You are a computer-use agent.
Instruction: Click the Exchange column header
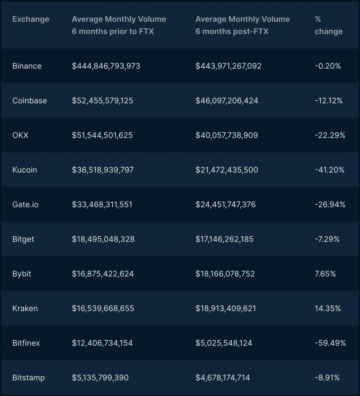[31, 19]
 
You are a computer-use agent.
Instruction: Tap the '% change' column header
[328, 25]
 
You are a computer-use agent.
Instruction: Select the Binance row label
[27, 66]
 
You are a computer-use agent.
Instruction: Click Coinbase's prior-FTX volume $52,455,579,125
[103, 101]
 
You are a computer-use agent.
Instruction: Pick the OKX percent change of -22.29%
[330, 135]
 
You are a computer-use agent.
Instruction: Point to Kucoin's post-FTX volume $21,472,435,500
[227, 170]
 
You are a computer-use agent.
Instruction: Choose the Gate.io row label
[25, 205]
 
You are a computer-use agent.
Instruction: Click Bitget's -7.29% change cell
[327, 239]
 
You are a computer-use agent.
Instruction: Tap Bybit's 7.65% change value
[325, 274]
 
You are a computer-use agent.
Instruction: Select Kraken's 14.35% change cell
[328, 308]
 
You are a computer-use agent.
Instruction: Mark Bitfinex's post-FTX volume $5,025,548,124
[224, 343]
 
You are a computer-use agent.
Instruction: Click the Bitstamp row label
[29, 378]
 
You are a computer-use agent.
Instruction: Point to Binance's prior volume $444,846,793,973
[106, 66]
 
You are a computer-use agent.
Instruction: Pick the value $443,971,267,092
[228, 66]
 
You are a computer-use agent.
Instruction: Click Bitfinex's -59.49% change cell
[330, 343]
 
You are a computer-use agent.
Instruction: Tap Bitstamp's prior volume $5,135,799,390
[100, 378]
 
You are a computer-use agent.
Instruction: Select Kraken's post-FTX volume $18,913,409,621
[226, 308]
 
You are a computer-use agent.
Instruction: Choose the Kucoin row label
[25, 170]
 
